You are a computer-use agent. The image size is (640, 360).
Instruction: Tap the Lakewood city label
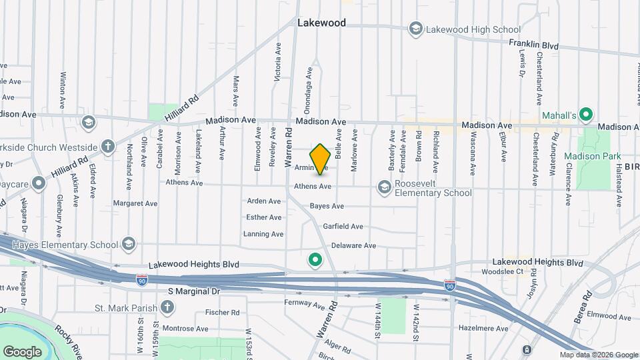pyautogui.click(x=321, y=23)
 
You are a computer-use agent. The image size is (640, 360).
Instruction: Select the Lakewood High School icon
pyautogui.click(x=416, y=29)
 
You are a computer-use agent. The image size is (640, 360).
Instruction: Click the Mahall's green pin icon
pyautogui.click(x=586, y=115)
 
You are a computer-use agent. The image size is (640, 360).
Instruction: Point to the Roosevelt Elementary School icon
pyautogui.click(x=384, y=187)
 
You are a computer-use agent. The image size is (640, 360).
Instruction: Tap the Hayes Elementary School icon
pyautogui.click(x=128, y=245)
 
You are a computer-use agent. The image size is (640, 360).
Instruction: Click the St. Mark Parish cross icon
pyautogui.click(x=167, y=307)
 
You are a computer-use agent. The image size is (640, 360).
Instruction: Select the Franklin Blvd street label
pyautogui.click(x=533, y=44)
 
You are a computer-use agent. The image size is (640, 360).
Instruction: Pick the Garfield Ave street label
pyautogui.click(x=343, y=227)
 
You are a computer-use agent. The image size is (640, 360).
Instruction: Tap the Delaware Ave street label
pyautogui.click(x=353, y=245)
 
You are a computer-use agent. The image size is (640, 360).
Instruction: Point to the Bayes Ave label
pyautogui.click(x=327, y=207)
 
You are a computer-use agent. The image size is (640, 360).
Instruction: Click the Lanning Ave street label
pyautogui.click(x=263, y=234)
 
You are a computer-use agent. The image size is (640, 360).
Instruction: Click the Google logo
pyautogui.click(x=22, y=351)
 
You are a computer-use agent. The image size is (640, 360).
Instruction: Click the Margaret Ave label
pyautogui.click(x=135, y=203)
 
